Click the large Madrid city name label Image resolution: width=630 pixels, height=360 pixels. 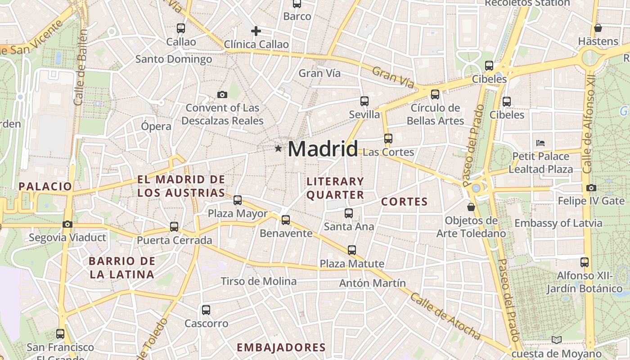click(323, 149)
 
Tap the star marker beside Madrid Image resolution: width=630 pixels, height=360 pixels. click(278, 148)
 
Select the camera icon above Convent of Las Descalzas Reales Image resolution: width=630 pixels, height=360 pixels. click(222, 94)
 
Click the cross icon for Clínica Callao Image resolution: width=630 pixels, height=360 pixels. click(256, 31)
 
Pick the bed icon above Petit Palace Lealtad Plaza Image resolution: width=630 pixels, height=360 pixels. click(540, 143)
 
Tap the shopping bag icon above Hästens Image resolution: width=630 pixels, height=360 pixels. click(598, 28)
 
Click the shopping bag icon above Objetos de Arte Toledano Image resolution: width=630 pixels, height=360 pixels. click(471, 207)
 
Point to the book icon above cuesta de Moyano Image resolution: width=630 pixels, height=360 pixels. click(557, 340)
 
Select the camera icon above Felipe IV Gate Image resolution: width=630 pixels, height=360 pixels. click(591, 188)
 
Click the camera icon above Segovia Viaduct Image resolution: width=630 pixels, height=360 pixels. click(67, 224)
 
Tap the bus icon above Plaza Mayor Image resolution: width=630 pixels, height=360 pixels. click(238, 200)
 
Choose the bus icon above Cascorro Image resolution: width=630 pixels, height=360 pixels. click(206, 310)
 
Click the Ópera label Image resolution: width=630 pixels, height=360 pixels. click(156, 126)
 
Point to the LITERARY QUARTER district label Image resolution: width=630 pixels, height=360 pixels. click(335, 188)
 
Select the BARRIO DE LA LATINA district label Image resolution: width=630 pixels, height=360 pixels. click(121, 267)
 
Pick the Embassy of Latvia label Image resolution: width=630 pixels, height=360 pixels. click(558, 223)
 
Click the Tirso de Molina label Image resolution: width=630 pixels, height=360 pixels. click(258, 282)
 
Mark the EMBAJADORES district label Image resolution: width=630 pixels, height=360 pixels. click(281, 347)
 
